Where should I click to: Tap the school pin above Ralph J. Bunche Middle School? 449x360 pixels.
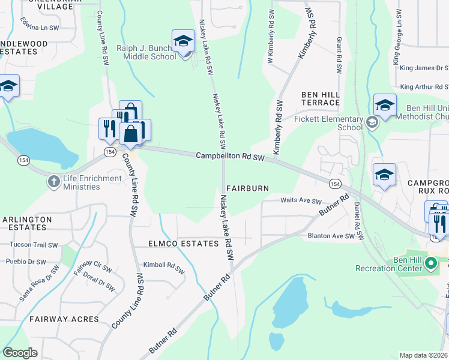[183, 41]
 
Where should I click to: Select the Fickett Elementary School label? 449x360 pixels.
[328, 123]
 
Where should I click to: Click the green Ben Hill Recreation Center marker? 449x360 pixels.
[430, 263]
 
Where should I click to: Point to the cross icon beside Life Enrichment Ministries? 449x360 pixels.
[54, 181]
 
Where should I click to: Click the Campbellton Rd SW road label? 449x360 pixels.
[230, 156]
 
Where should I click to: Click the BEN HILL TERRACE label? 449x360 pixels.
[321, 99]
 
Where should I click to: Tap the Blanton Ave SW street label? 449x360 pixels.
[331, 236]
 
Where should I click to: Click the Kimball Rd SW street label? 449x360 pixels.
[163, 265]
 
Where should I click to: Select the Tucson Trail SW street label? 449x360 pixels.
[31, 245]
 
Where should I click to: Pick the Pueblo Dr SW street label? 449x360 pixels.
[25, 262]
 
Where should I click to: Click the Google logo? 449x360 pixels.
[20, 353]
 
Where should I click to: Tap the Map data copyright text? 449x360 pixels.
[424, 355]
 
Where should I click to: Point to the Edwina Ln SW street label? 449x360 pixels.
[40, 28]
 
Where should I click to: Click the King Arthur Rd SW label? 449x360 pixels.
[424, 87]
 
